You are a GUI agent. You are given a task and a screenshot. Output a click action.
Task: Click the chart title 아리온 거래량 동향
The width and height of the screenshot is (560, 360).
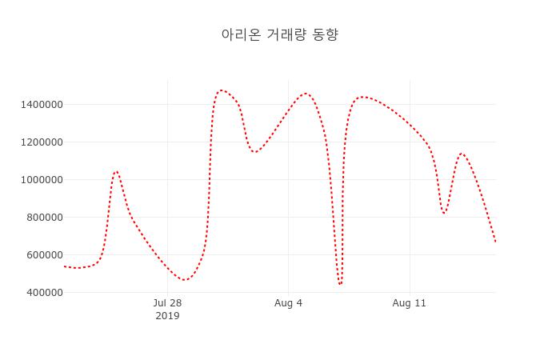[x=280, y=34]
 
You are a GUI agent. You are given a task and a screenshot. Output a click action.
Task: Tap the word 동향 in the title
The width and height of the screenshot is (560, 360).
[x=324, y=34]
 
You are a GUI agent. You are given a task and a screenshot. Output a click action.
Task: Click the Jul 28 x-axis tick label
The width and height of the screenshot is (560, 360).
[x=167, y=303]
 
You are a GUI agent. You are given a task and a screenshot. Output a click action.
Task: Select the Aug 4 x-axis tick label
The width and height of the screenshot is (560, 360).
[x=288, y=303]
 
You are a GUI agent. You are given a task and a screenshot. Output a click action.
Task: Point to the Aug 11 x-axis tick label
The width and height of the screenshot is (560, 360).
[x=410, y=303]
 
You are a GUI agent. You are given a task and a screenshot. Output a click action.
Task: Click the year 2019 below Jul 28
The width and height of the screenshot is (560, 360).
[x=167, y=316]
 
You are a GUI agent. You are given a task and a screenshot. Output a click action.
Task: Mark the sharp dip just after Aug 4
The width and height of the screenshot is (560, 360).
[x=340, y=284]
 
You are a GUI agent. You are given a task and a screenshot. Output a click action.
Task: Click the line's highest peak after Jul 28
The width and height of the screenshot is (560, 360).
[x=222, y=90]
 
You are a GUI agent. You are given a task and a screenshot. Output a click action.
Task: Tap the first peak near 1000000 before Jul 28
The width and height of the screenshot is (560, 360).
[x=116, y=171]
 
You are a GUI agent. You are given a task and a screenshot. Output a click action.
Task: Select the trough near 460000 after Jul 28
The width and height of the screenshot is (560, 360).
[x=185, y=280]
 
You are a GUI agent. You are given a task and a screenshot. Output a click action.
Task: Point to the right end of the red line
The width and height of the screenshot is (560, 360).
[x=495, y=242]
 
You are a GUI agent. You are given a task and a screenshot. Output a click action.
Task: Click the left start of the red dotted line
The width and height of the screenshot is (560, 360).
[x=65, y=266]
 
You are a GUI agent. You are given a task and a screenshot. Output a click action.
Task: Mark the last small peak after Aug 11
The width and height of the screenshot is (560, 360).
[x=462, y=154]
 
